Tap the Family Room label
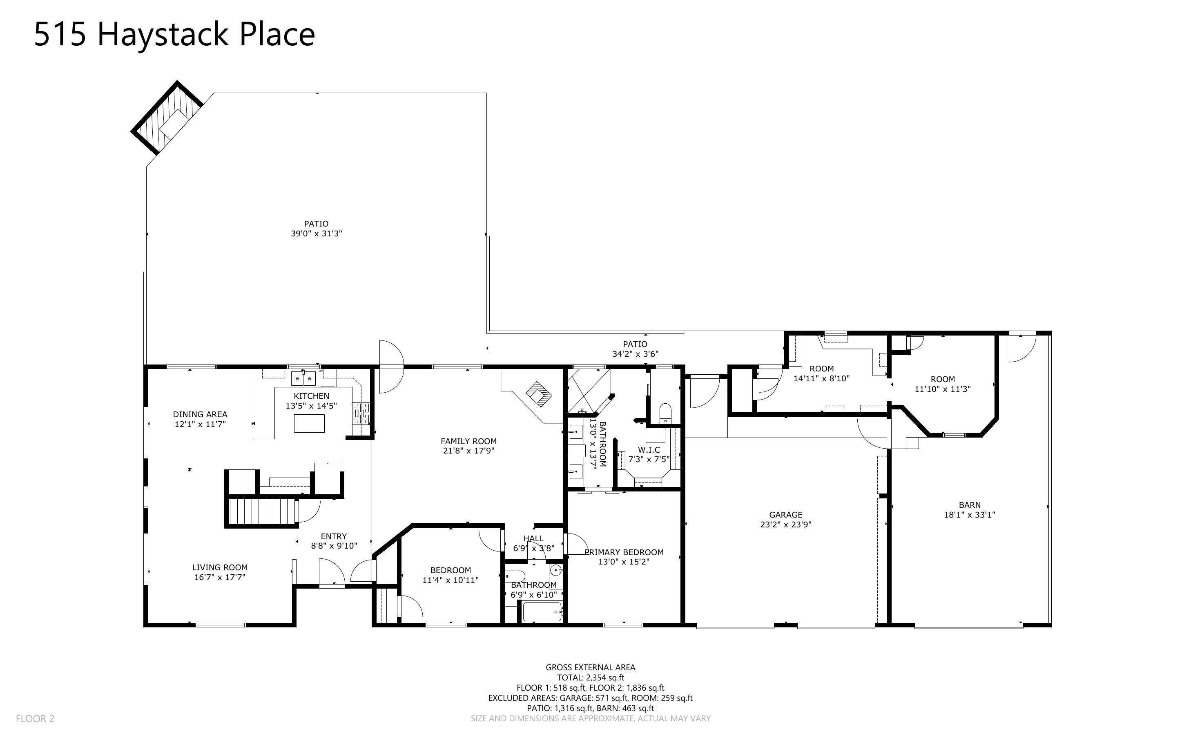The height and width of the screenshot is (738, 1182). pyautogui.click(x=468, y=441)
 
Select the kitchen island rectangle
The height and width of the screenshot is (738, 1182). pyautogui.click(x=309, y=423)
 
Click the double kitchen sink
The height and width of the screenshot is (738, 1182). pyautogui.click(x=303, y=378)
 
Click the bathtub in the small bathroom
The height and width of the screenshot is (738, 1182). pyautogui.click(x=542, y=611)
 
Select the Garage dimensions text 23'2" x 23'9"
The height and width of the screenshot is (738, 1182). pyautogui.click(x=785, y=525)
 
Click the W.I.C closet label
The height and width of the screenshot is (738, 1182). pyautogui.click(x=649, y=450)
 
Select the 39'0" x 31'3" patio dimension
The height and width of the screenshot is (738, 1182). pyautogui.click(x=317, y=234)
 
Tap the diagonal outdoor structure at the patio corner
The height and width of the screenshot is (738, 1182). pyautogui.click(x=167, y=118)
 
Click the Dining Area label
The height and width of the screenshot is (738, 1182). pyautogui.click(x=200, y=414)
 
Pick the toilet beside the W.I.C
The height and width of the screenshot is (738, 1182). pyautogui.click(x=665, y=413)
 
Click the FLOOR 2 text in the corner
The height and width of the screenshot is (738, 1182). pyautogui.click(x=35, y=718)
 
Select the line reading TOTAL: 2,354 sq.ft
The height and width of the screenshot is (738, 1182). pyautogui.click(x=590, y=678)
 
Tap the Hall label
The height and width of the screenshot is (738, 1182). pyautogui.click(x=533, y=538)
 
